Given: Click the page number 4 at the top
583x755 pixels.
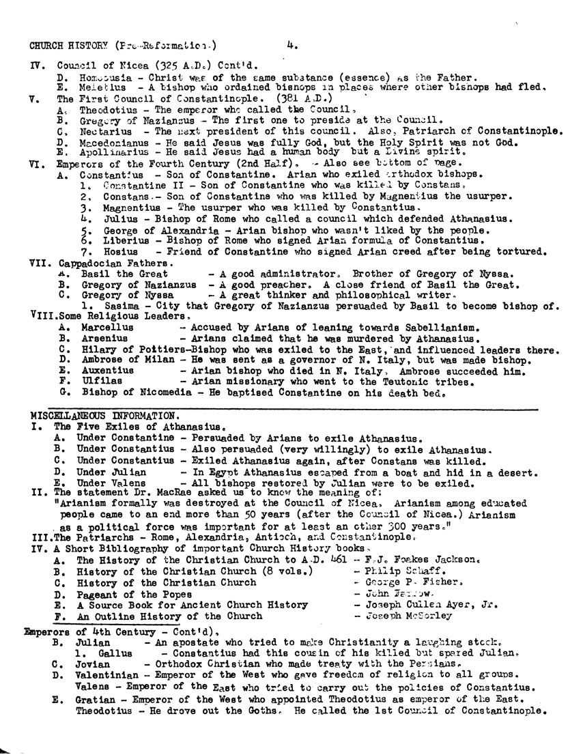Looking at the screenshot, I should pos(291,46).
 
